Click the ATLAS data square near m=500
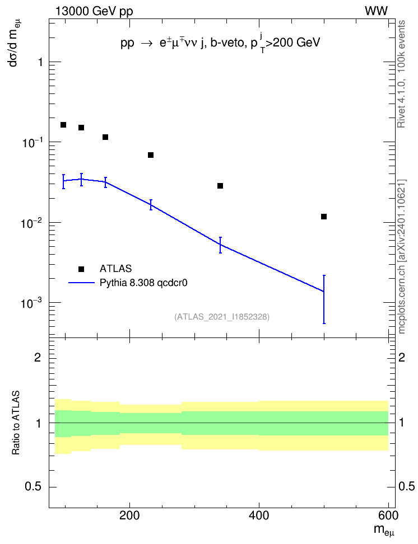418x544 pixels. point(324,217)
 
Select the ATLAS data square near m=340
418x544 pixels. point(220,186)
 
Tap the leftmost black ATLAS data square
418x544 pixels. point(63,125)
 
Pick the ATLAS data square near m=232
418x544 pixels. point(151,155)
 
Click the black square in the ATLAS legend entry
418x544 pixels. point(81,269)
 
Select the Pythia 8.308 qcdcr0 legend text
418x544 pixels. point(143,283)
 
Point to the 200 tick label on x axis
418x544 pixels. point(129,515)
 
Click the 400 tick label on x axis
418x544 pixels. point(259,515)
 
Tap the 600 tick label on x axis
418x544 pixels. point(388,515)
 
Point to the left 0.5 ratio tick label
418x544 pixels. point(33,487)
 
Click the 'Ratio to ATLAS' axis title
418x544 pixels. point(16,423)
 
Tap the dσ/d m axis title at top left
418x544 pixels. point(14,43)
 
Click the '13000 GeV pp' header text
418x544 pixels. point(94,12)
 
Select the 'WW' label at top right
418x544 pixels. point(377,11)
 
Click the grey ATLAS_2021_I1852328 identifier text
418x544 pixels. point(222,317)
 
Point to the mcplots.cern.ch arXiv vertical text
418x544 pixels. point(402,257)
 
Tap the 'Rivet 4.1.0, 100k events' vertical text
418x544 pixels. point(402,74)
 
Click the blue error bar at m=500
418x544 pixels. point(324,299)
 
